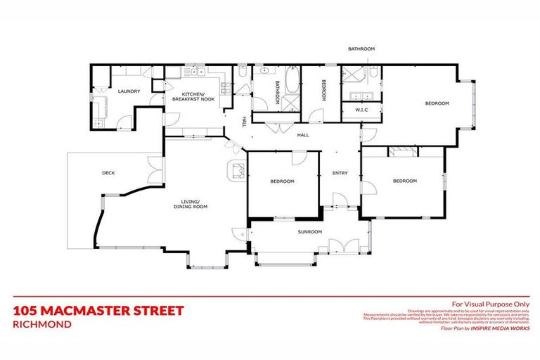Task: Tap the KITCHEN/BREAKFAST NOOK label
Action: pyautogui.click(x=193, y=97)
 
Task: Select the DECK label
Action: pyautogui.click(x=108, y=173)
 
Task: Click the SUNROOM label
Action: pyautogui.click(x=309, y=231)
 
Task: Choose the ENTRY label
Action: pyautogui.click(x=340, y=173)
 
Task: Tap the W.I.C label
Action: pyautogui.click(x=361, y=110)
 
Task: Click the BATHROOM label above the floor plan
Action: pyautogui.click(x=361, y=49)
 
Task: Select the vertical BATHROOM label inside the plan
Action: pyautogui.click(x=277, y=93)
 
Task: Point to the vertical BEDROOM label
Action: pyautogui.click(x=324, y=91)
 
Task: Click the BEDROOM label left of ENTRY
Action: pyautogui.click(x=282, y=181)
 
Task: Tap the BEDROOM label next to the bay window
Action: pyautogui.click(x=436, y=103)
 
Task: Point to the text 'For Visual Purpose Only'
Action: pyautogui.click(x=489, y=303)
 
